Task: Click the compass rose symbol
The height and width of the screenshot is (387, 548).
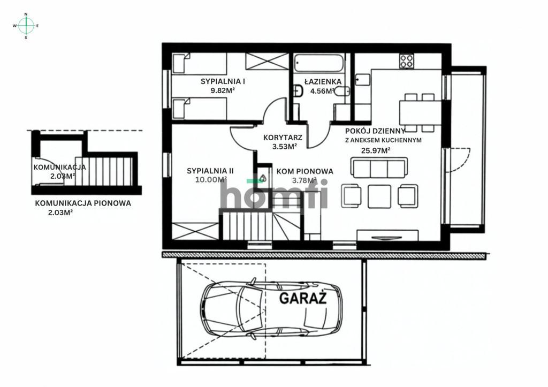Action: pyautogui.click(x=26, y=26)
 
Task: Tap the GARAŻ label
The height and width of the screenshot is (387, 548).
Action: pyautogui.click(x=303, y=298)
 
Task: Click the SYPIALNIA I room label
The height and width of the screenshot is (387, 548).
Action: pyautogui.click(x=223, y=81)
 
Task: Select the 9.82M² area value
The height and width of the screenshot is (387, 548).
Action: pyautogui.click(x=222, y=90)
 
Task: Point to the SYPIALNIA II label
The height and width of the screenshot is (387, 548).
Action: pyautogui.click(x=210, y=171)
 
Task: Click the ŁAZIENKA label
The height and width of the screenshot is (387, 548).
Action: pyautogui.click(x=323, y=82)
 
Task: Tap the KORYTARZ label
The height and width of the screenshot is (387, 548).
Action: pyautogui.click(x=283, y=138)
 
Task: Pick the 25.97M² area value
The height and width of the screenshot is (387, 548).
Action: pyautogui.click(x=376, y=151)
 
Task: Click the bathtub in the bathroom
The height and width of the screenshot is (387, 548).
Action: pyautogui.click(x=318, y=63)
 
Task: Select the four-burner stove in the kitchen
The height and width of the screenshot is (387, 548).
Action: pyautogui.click(x=407, y=61)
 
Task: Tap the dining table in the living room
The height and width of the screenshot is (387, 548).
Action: pyautogui.click(x=421, y=112)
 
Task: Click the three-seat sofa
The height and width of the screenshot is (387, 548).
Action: pyautogui.click(x=379, y=168)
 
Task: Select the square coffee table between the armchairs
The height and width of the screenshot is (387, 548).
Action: pyautogui.click(x=379, y=196)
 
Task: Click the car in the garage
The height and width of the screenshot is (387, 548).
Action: pyautogui.click(x=271, y=309)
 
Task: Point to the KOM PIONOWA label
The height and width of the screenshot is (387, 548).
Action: pyautogui.click(x=305, y=171)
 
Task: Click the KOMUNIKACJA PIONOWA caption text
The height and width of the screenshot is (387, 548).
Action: pyautogui.click(x=83, y=203)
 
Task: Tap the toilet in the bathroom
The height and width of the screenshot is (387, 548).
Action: pyautogui.click(x=298, y=91)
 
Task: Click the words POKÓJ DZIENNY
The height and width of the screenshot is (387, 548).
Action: pyautogui.click(x=375, y=131)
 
